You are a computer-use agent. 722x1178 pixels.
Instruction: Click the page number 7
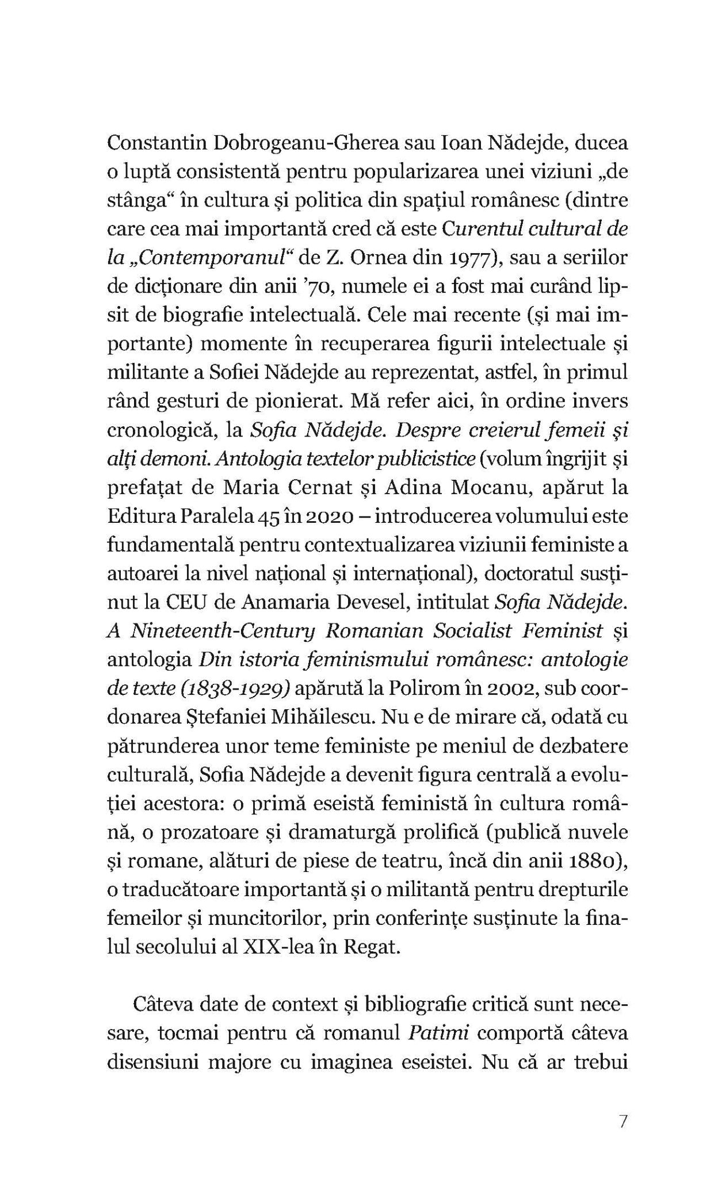click(624, 1122)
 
